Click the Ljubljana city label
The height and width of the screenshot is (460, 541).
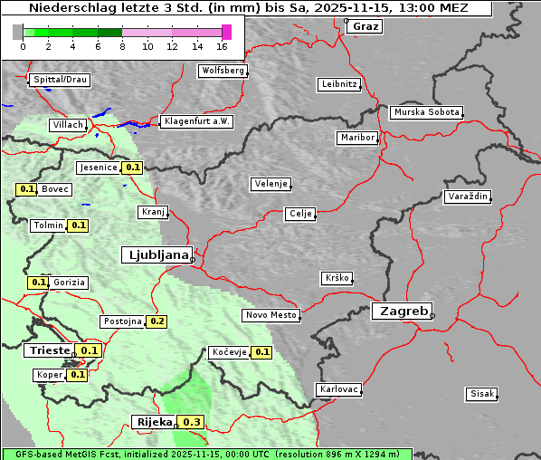pos(156,255)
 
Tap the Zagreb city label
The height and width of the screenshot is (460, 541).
pos(401,311)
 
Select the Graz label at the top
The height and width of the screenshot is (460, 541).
pos(365,26)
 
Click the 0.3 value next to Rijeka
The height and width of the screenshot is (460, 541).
pos(192,422)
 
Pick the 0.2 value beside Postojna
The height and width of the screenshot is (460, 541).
pos(157,321)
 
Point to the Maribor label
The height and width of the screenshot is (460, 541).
pos(356,138)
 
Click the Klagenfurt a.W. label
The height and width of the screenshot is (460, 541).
pos(196,121)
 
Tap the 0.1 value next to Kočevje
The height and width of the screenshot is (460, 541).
pos(261,352)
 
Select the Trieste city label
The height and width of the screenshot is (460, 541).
pos(49,350)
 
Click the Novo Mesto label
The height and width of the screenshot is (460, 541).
pos(270,315)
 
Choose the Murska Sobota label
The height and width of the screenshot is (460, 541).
pos(426,113)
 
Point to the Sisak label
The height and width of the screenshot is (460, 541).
pos(481,394)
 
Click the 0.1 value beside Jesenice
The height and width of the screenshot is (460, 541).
pos(133,168)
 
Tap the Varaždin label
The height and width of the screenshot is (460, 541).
pos(468,196)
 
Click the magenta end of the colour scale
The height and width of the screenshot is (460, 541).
pos(226,32)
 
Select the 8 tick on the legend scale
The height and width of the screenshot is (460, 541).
pos(121,45)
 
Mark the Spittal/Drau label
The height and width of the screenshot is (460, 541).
pos(60,80)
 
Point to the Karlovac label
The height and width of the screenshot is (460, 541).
pos(339,389)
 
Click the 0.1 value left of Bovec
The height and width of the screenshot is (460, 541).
pos(26,189)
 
